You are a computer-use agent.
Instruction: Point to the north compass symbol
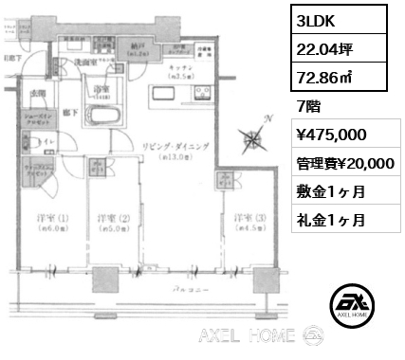click(x=254, y=138)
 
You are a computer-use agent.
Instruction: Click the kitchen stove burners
click(x=201, y=94)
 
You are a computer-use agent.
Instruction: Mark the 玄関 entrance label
click(x=37, y=92)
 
